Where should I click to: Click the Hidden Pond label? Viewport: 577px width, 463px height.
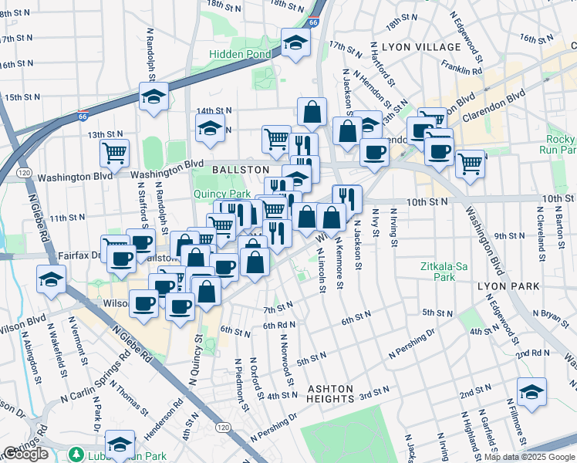241,55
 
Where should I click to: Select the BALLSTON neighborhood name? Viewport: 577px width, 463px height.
241,169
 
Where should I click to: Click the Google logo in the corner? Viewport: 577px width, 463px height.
26,454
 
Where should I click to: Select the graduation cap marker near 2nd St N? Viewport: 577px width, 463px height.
531,392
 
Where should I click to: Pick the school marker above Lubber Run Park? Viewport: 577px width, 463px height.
120,444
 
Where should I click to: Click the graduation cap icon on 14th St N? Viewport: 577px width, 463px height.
209,131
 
